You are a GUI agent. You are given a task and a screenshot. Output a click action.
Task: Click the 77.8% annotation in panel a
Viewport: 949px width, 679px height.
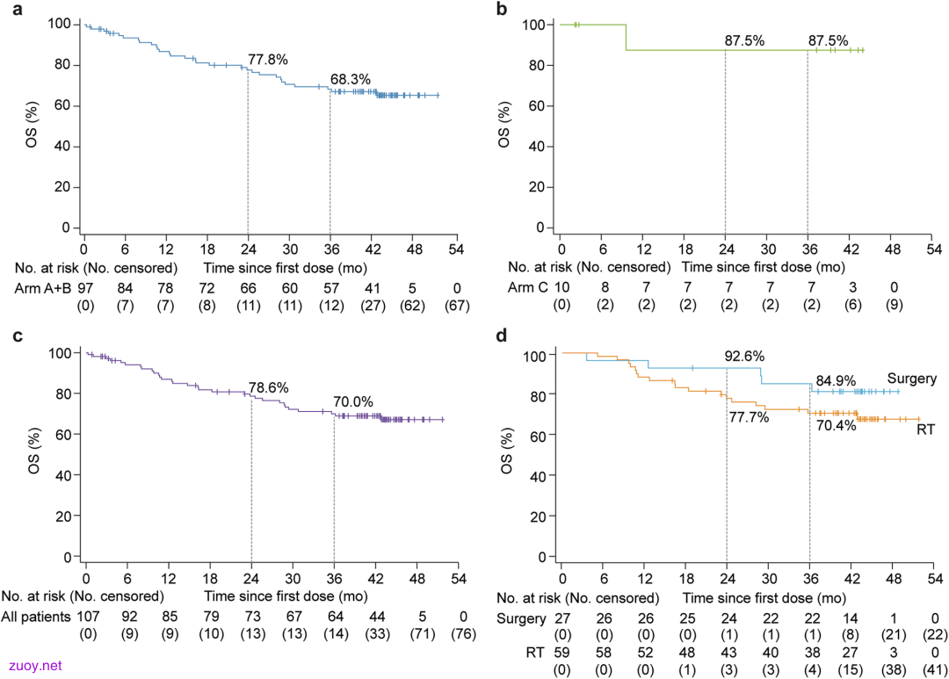[267, 60]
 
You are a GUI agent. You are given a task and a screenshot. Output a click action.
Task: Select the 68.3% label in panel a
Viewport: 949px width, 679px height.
[351, 79]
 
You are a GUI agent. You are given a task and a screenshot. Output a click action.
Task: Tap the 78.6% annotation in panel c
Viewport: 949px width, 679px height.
[268, 388]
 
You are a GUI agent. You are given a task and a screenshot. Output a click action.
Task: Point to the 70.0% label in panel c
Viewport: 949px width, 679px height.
[353, 401]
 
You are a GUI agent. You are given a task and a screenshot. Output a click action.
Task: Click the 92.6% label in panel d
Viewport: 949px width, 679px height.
[744, 356]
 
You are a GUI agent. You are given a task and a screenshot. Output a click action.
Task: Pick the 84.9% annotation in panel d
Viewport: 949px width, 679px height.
[836, 380]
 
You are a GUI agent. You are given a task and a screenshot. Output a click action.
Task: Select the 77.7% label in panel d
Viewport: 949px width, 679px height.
[750, 417]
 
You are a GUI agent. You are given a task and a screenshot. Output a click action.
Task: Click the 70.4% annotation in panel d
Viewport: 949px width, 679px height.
[837, 425]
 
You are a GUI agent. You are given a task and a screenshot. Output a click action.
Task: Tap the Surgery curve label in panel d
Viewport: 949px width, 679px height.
[911, 379]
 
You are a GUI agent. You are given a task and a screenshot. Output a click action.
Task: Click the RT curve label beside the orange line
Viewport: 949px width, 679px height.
[925, 430]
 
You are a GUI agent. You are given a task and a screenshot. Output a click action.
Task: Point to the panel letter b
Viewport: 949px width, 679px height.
[502, 10]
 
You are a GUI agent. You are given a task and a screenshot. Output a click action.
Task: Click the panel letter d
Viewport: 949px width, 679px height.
[502, 336]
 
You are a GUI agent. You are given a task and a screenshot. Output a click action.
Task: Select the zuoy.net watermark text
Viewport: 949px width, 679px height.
[35, 666]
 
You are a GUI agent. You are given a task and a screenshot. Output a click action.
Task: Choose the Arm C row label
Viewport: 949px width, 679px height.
[528, 287]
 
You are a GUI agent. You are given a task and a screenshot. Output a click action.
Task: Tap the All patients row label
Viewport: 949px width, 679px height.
[36, 617]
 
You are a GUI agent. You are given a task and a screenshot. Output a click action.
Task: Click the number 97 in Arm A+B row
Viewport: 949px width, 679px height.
[85, 288]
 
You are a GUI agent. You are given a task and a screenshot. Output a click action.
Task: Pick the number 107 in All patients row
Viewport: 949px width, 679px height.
[88, 617]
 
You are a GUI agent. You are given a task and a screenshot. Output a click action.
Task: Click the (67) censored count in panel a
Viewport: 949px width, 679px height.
[457, 306]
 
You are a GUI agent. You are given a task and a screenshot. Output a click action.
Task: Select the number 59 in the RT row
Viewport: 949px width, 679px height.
[562, 653]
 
